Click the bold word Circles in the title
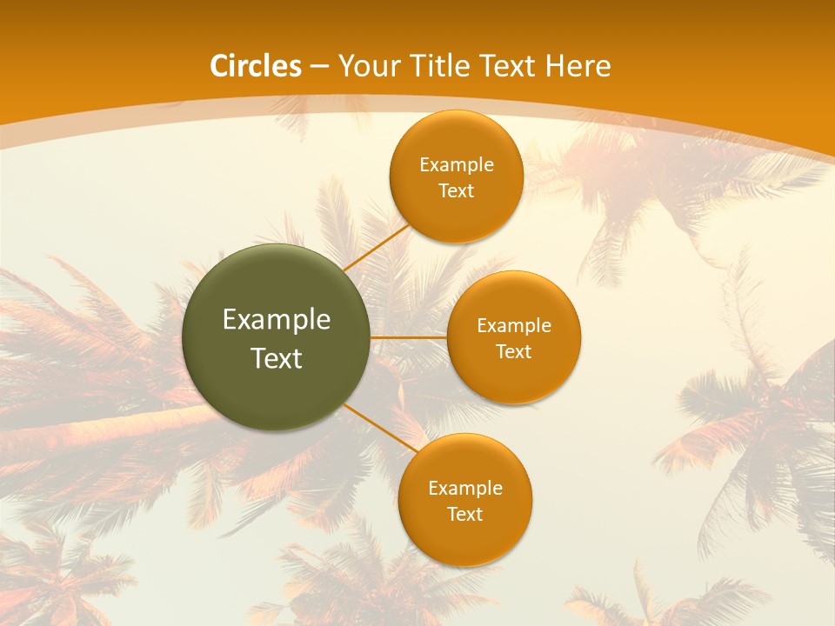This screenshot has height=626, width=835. click(x=256, y=66)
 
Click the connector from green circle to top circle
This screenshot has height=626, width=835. click(x=377, y=247)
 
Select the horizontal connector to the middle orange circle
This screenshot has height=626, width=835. click(x=408, y=336)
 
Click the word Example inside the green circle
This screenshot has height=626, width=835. click(x=277, y=320)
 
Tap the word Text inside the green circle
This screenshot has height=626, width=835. click(x=277, y=358)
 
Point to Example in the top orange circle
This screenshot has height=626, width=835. click(x=457, y=165)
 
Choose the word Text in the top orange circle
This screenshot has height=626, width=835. click(x=457, y=191)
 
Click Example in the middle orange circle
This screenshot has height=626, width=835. click(x=514, y=326)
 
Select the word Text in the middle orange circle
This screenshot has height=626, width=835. click(x=514, y=352)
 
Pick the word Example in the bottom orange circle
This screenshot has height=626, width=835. click(x=465, y=489)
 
